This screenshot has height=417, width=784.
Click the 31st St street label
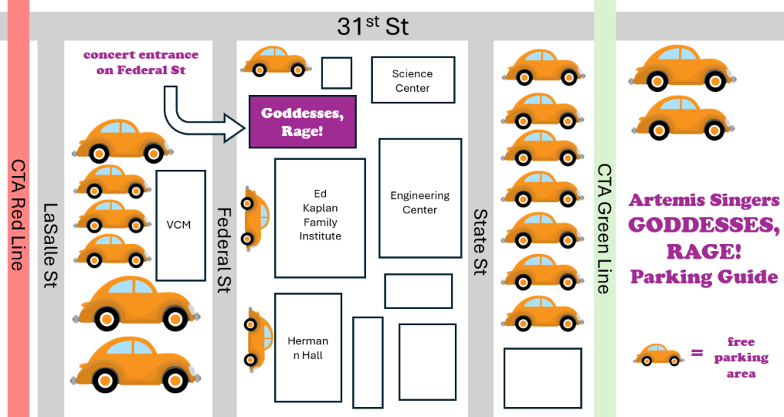tap(373, 26)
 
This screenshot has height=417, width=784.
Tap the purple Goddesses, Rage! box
tap(302, 122)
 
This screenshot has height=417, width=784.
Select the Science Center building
tap(413, 80)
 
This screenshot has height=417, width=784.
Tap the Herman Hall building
tap(308, 347)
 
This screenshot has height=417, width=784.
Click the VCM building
tap(179, 225)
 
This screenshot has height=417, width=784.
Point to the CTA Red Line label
tap(18, 215)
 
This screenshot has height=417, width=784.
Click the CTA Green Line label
tap(604, 229)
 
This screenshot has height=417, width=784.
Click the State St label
tap(480, 243)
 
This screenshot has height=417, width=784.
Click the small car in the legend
tap(658, 354)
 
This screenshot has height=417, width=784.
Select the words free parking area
tap(740, 357)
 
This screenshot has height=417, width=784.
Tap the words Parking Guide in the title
tap(704, 277)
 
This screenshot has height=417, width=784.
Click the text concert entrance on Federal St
tap(141, 63)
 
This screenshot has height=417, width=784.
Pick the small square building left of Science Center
tap(336, 73)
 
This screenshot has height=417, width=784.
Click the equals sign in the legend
tap(697, 353)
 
